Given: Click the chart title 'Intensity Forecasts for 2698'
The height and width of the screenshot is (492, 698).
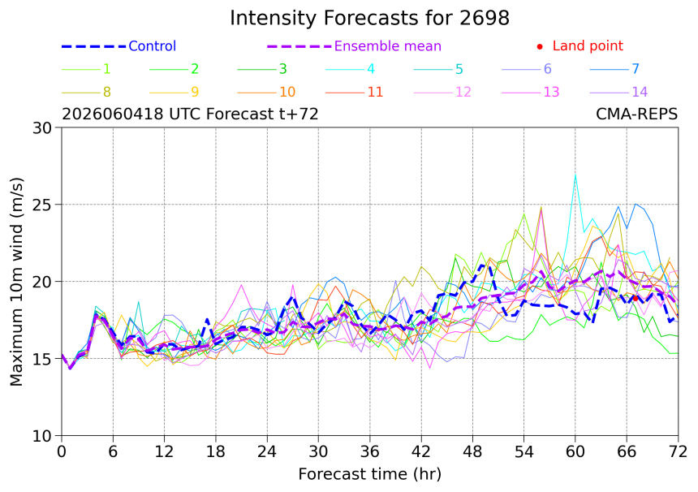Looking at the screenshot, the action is point(369,18).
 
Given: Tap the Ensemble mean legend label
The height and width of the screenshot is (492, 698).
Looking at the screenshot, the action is point(388,45).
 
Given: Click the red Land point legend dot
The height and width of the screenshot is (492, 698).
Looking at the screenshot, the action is point(540,46).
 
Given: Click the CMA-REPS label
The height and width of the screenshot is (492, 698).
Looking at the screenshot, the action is point(636,114).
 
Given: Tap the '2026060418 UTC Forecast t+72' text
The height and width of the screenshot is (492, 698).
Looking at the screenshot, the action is point(190,114).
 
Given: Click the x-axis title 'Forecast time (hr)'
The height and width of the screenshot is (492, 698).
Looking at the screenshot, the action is point(369,474).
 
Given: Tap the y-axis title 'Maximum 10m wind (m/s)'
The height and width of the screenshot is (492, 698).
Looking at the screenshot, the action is point(16,282).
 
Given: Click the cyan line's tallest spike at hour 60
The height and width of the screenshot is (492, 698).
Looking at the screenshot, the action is point(575,175).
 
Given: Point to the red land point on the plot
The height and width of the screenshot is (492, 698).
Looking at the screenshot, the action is point(636,298).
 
